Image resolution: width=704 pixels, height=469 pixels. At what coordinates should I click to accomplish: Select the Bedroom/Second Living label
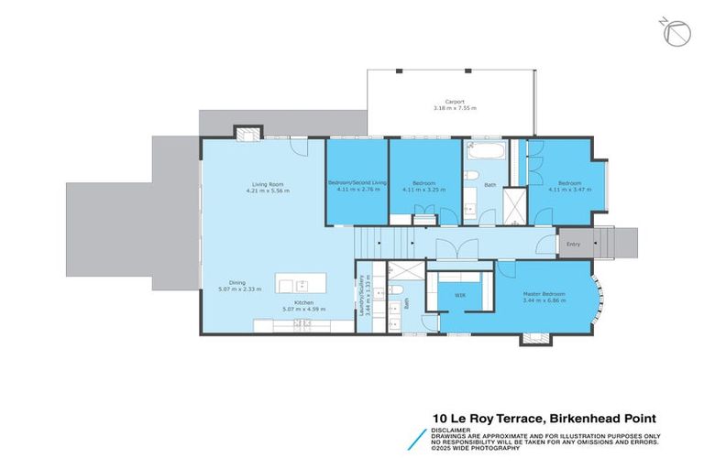pyautogui.click(x=357, y=183)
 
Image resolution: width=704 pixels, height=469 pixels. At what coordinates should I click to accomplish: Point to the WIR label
pyautogui.click(x=461, y=295)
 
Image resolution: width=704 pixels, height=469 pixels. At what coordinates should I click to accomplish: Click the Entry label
pyautogui.click(x=573, y=244)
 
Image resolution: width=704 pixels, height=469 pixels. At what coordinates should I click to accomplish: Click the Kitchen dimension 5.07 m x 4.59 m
pyautogui.click(x=303, y=309)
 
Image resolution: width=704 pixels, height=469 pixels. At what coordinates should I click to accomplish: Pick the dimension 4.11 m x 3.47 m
pyautogui.click(x=569, y=191)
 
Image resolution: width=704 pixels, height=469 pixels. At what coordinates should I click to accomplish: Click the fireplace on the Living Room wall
pyautogui.click(x=245, y=135)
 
